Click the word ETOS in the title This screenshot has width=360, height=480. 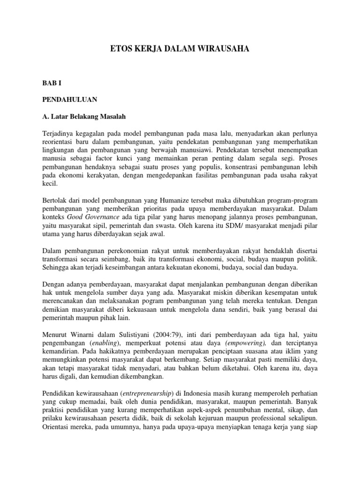pyautogui.click(x=120, y=48)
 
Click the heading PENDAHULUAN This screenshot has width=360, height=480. pyautogui.click(x=70, y=99)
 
